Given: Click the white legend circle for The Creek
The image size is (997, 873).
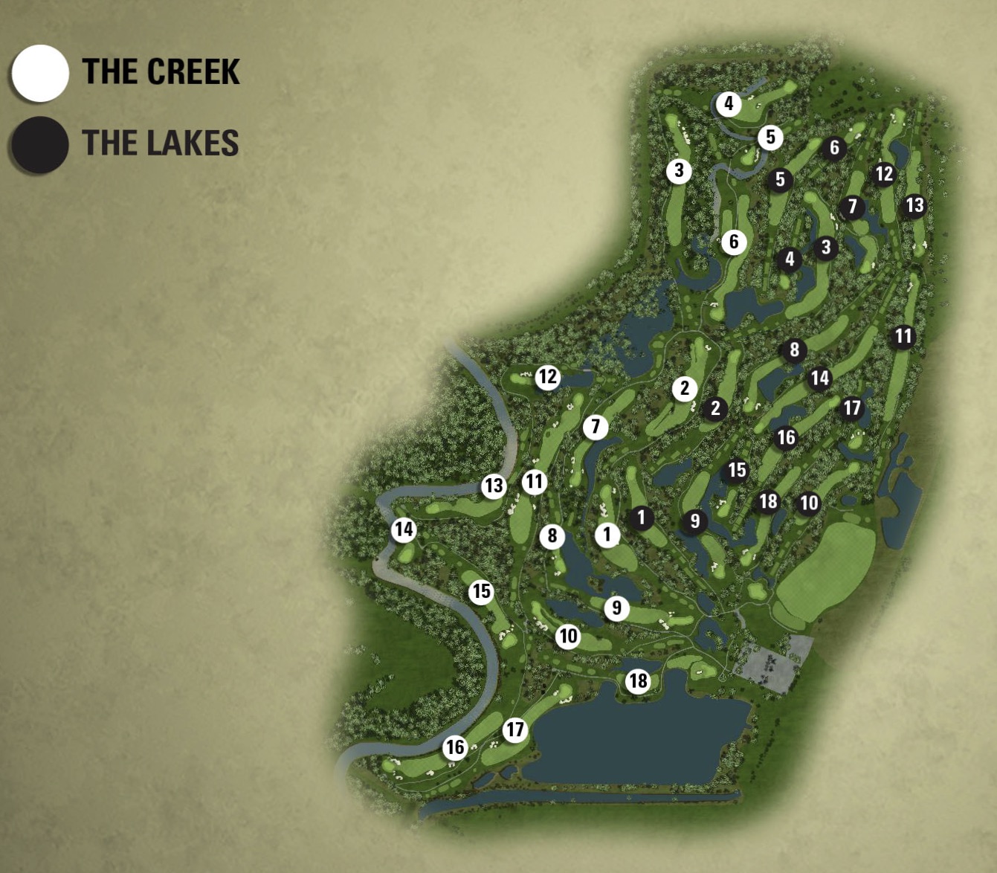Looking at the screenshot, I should pos(41,73).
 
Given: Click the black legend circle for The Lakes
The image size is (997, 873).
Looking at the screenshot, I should pos(40,144).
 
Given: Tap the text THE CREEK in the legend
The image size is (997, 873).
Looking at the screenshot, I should pos(161,72).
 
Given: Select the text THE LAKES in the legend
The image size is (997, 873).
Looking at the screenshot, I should pos(161,143).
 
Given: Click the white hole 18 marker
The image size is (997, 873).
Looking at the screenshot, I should pos(638,680).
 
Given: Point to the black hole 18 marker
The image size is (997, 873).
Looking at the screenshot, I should pos(768,502).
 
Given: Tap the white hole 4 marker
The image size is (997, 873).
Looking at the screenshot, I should pos(729,104).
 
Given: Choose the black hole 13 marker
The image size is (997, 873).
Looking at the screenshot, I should pos(914,205).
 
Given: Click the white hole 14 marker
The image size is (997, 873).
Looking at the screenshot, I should pos(404,529).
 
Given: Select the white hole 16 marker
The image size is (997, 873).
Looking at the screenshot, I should pos(455,747).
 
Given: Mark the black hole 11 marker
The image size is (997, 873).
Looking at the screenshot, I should pos(903,337).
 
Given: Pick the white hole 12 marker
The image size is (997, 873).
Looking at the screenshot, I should pos(548,377).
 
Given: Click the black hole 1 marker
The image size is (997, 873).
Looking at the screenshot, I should pos(641,518).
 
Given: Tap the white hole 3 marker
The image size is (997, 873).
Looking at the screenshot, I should pos(679,171).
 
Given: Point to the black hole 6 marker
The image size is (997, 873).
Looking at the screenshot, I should pos(834,148).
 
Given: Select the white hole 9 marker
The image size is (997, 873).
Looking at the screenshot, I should pos(616,608).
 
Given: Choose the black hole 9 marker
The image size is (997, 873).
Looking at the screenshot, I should pos(694,521).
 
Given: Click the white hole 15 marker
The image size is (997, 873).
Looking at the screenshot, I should pos(481,591).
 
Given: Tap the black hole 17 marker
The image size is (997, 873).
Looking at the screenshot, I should pos(852,407).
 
